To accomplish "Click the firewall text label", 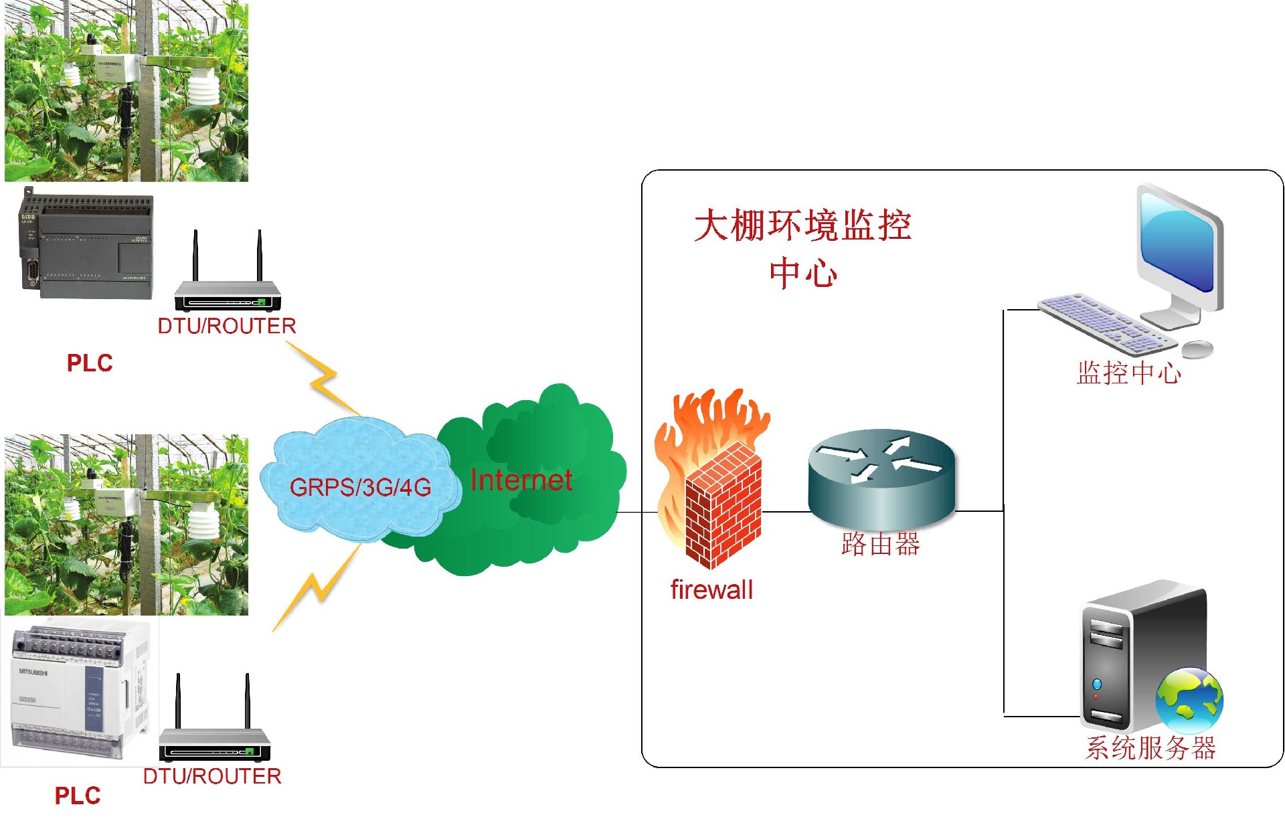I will [711, 589].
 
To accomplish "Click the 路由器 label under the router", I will [881, 544].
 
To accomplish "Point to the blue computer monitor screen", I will [1178, 241].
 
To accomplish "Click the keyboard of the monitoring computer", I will [1104, 323].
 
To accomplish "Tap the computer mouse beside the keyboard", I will [1198, 349].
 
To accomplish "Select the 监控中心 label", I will [1129, 373].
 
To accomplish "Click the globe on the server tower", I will [1189, 700].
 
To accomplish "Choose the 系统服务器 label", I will [1150, 747].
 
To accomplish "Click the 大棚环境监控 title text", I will [802, 225].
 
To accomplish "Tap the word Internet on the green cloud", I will [521, 480].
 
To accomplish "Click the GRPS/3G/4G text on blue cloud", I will [360, 487].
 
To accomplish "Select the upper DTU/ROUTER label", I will [226, 326].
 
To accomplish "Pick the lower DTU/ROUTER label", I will [212, 776].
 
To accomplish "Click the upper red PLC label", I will [90, 363].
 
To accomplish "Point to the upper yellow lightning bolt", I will [323, 378].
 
